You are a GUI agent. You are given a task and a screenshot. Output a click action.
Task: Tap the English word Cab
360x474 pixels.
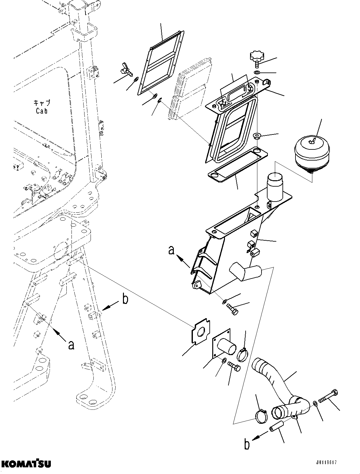[x=42, y=111]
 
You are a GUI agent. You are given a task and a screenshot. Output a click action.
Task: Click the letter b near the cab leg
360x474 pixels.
[x=125, y=299]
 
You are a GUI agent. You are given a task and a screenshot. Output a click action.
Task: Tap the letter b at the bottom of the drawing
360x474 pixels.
[x=247, y=444]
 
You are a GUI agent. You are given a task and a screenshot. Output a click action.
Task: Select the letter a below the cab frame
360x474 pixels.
[x=71, y=345]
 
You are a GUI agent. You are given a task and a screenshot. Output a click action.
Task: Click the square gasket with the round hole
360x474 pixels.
[x=200, y=332]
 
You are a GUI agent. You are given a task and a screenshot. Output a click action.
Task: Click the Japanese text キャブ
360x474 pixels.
[x=42, y=103]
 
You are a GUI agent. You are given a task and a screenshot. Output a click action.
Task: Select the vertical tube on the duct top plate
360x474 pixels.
[x=275, y=187]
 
